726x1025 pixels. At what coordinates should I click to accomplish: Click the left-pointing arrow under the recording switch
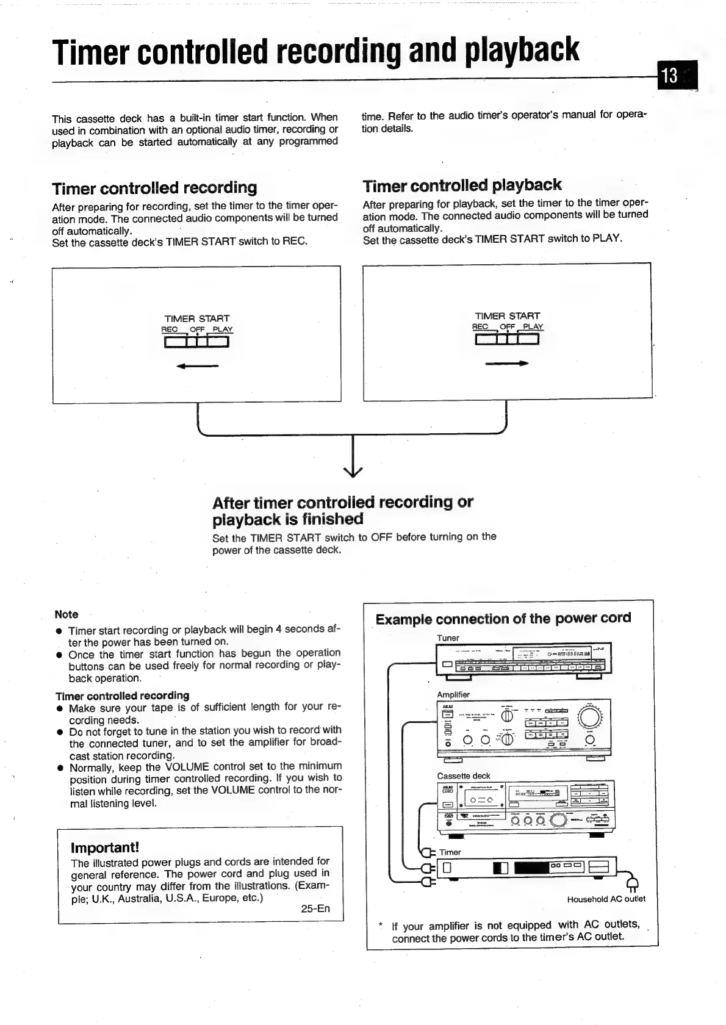click(197, 366)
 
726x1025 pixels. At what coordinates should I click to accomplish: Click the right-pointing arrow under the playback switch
click(506, 364)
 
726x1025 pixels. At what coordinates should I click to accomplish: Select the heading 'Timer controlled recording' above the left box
click(154, 187)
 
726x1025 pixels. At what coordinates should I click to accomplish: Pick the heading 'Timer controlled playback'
click(462, 185)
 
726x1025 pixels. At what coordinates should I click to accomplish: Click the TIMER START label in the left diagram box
click(197, 318)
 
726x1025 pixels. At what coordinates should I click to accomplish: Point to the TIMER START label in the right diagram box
click(508, 316)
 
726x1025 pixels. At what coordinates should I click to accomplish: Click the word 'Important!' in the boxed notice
click(105, 848)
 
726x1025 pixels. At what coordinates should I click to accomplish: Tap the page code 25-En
click(315, 908)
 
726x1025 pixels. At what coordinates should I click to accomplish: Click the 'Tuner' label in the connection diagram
click(448, 638)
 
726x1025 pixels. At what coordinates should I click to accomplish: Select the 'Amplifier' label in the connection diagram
click(453, 695)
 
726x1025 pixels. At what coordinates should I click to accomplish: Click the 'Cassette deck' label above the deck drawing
click(464, 776)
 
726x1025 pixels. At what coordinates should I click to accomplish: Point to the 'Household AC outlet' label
click(606, 899)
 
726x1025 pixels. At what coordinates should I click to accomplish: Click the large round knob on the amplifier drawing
click(591, 717)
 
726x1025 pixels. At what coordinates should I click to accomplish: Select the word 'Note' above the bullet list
click(66, 614)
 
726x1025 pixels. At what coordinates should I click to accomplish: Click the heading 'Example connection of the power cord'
click(503, 619)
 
